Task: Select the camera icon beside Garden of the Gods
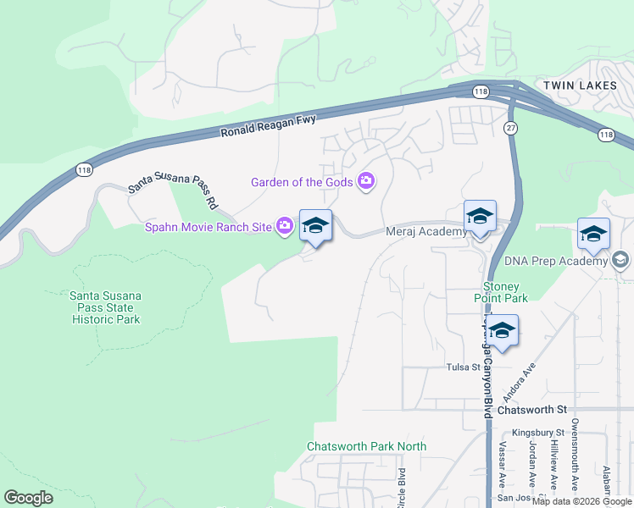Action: coord(367,181)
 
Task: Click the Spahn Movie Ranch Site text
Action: coord(208,226)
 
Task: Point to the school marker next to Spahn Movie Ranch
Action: coord(315,227)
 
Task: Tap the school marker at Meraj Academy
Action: coord(480,218)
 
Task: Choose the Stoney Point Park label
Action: coord(505,292)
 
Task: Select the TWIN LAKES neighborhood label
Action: coord(576,86)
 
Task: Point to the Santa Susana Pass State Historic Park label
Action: coord(105,307)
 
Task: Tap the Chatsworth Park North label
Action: coord(366,446)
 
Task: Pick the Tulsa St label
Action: coord(464,367)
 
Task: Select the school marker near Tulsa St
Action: coord(503,332)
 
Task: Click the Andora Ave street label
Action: coord(520,382)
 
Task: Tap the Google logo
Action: coord(29,498)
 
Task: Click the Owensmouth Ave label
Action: coord(574,456)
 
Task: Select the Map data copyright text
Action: coord(581,501)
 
